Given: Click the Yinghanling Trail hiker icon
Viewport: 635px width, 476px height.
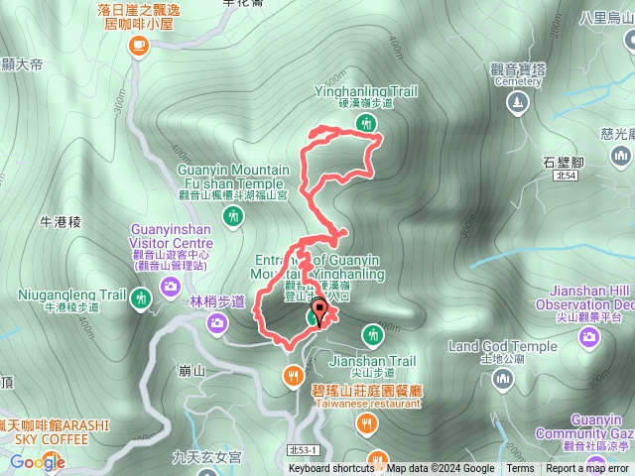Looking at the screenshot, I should coord(367,123).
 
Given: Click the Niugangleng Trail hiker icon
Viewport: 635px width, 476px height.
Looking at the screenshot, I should coord(140,296).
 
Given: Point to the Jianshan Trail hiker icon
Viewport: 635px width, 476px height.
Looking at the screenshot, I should coord(371,334).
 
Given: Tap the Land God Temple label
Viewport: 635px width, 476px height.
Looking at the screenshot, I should coord(503,346).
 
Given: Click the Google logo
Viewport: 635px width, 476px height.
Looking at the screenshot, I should coord(38,462).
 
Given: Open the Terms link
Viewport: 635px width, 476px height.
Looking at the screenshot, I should coord(520,469).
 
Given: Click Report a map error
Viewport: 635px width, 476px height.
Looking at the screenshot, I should coord(588,469).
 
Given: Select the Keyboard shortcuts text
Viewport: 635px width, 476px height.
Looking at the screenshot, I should coord(331,469).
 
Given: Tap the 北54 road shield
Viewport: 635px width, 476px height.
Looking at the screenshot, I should coord(565,176).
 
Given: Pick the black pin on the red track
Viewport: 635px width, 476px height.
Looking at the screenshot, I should coord(317,314).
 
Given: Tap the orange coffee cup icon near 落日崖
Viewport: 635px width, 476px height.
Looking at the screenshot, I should coord(137,43).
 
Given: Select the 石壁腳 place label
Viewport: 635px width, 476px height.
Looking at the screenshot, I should coord(564,159).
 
